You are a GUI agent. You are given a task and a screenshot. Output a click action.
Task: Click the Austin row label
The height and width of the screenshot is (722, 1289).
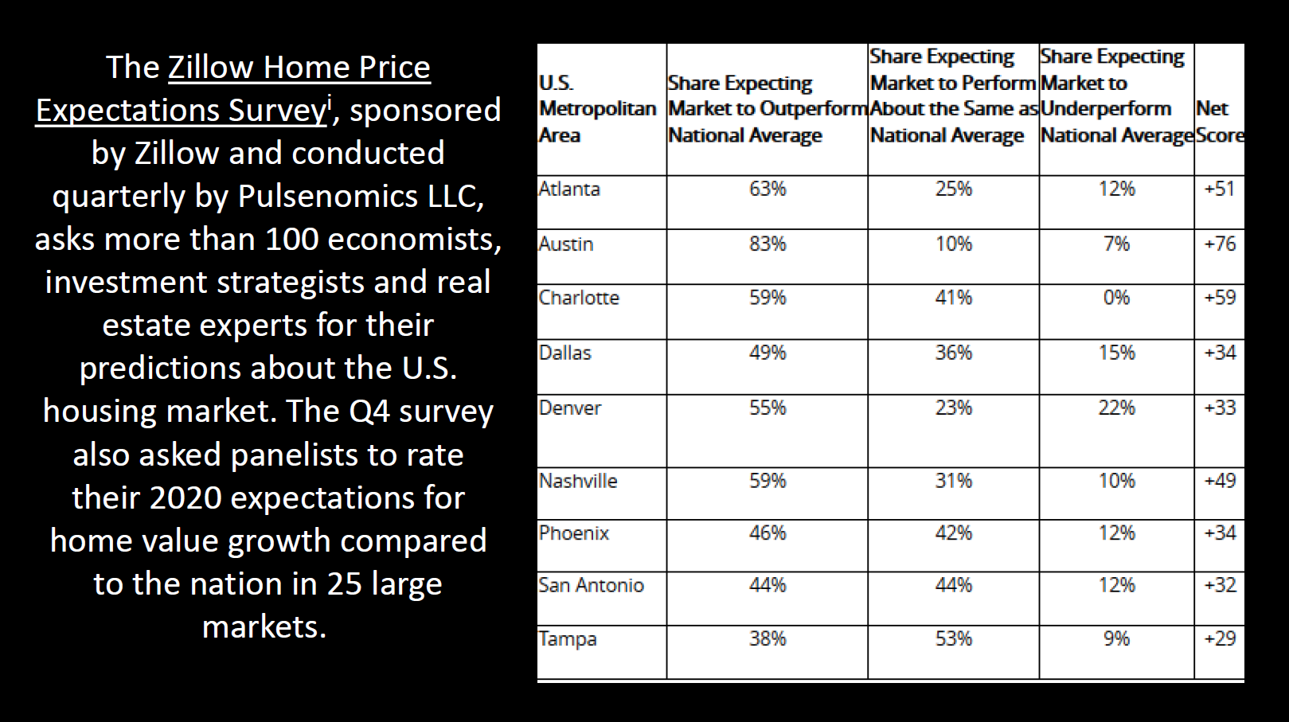(566, 244)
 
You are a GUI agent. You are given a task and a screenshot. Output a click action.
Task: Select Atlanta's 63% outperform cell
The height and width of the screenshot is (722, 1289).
(768, 189)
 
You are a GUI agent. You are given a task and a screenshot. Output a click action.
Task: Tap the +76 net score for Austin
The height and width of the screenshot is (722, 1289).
(1220, 244)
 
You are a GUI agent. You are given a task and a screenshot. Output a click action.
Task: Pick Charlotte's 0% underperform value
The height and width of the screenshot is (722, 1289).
(1116, 298)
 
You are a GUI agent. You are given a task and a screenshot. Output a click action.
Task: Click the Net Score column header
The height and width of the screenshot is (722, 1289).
(1219, 122)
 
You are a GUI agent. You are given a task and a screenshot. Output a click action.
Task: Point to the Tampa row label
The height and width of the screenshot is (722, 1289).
(568, 639)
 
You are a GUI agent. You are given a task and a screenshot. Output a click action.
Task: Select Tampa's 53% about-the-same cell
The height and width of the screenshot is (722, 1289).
(953, 639)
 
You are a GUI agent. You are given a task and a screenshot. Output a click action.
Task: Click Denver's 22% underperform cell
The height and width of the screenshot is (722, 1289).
(1116, 408)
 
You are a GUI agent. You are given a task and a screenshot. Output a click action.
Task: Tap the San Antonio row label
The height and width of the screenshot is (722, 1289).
(591, 586)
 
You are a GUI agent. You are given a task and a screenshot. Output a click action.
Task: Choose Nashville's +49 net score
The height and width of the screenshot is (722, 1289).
(1220, 481)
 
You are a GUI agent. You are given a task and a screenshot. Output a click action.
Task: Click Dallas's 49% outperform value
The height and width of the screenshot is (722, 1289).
(768, 353)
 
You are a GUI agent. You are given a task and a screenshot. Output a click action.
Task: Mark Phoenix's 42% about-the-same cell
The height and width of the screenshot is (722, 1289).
(953, 533)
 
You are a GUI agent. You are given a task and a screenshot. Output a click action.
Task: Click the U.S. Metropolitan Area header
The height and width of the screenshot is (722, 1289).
(597, 109)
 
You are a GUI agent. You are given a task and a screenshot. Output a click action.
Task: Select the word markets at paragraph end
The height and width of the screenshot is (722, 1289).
(264, 627)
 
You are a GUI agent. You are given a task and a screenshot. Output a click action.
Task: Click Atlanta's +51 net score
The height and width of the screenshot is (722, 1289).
(1220, 189)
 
